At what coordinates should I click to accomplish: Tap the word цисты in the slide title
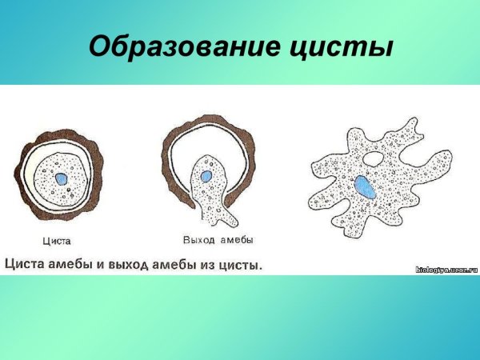[342, 46]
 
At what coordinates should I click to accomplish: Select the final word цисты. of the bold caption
[245, 262]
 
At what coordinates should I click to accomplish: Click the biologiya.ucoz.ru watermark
[446, 270]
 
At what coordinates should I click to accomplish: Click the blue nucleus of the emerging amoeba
[206, 175]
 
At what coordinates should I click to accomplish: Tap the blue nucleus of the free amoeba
[365, 187]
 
